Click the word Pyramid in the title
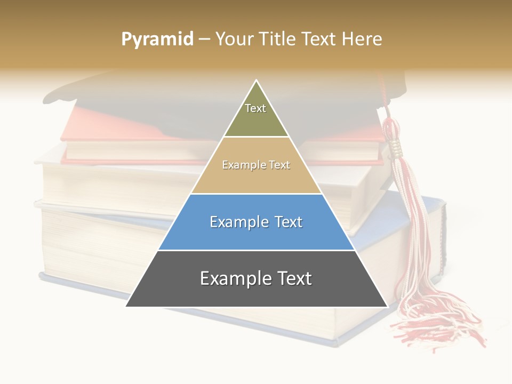point(157,39)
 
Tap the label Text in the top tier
point(255,108)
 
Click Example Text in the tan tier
point(256,165)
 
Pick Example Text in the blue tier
point(256,222)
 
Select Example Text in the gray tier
point(256,278)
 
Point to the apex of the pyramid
point(257,82)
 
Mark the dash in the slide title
point(204,39)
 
